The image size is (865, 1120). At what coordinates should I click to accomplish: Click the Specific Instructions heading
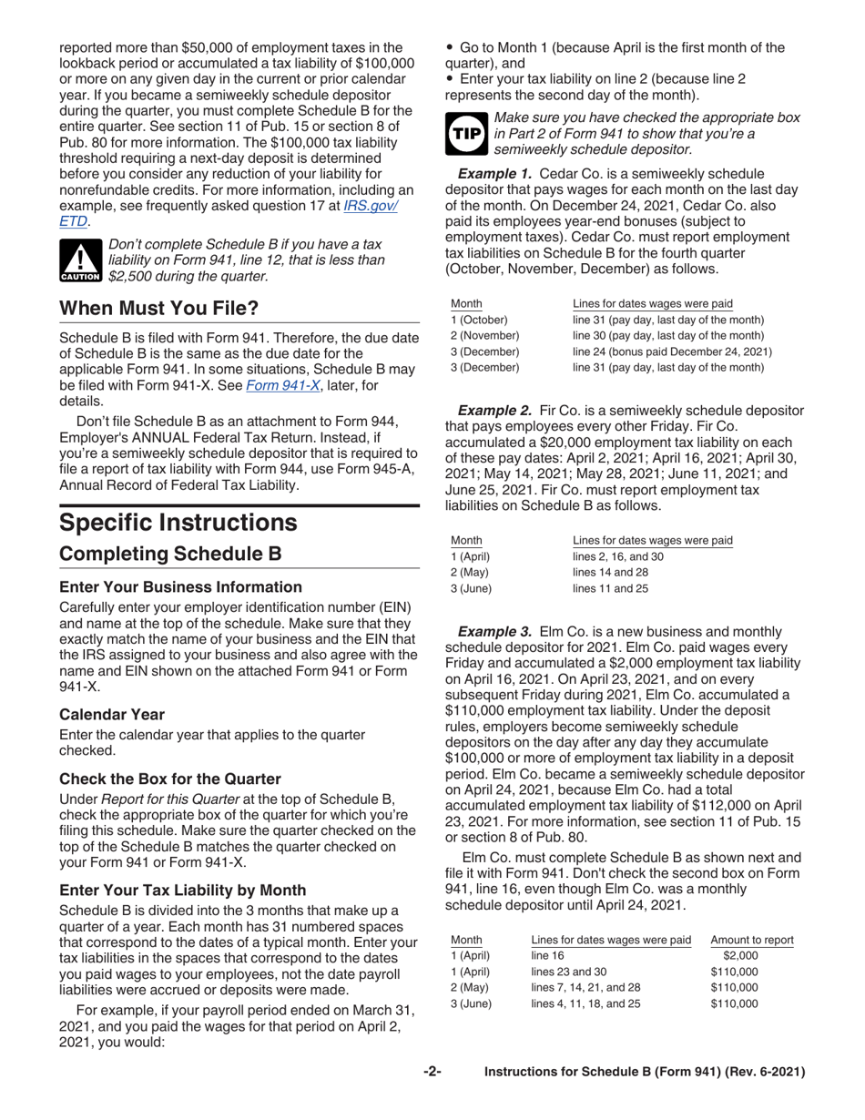click(178, 522)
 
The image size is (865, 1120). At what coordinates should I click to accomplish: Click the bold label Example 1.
click(497, 173)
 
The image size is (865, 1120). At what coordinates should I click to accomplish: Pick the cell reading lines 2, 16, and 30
click(617, 556)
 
